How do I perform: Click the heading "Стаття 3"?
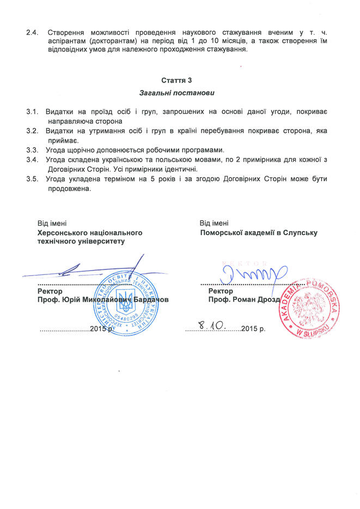(180, 81)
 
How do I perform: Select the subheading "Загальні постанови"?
(180, 93)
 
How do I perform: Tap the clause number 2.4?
(32, 32)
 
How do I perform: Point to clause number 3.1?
(32, 112)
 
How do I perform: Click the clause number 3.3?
(32, 150)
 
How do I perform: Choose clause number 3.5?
(32, 179)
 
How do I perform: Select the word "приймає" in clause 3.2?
(63, 140)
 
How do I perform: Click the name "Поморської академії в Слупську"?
(258, 232)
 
